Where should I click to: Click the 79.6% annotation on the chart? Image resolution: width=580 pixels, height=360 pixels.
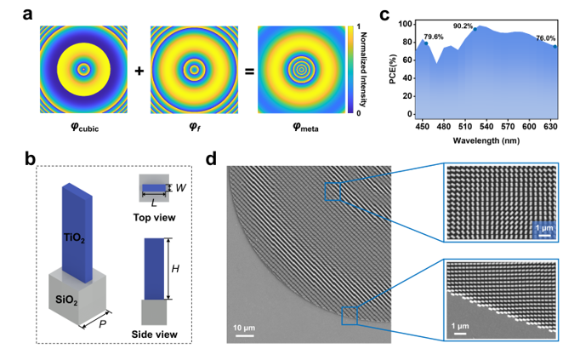pyautogui.click(x=434, y=36)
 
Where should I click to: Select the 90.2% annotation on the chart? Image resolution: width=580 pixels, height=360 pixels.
pyautogui.click(x=463, y=26)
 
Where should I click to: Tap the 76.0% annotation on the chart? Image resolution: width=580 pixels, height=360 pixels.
pyautogui.click(x=546, y=37)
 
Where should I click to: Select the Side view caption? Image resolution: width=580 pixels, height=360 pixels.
pyautogui.click(x=155, y=333)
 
